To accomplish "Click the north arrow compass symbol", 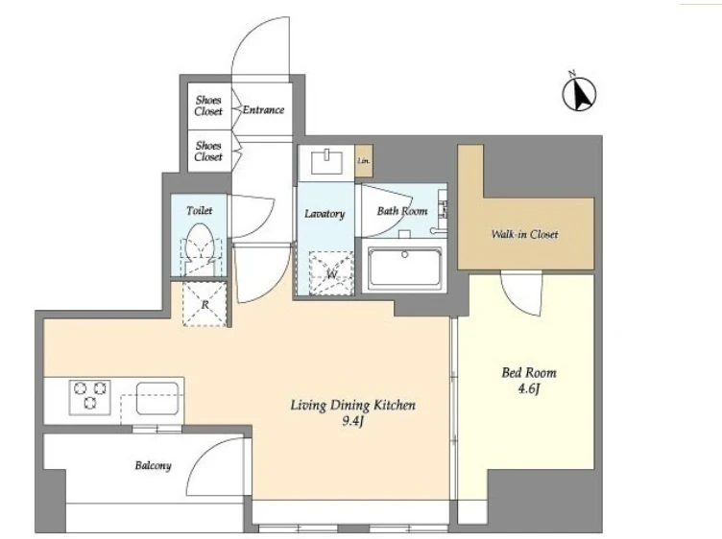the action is tap(579, 93).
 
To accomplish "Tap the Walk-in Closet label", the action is tap(524, 234).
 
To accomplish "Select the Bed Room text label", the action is tap(529, 372).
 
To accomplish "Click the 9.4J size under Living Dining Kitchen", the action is tap(352, 421).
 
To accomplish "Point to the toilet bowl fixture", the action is tap(200, 248).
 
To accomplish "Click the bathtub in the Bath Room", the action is tap(405, 268).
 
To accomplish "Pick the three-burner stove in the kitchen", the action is tap(90, 396).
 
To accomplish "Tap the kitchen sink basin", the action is tap(157, 398).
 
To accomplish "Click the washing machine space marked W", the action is tap(331, 273).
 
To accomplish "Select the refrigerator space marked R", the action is tap(205, 304).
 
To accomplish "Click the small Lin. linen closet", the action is tap(364, 161).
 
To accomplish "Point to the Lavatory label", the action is tap(325, 214).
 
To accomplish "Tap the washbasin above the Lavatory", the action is tap(327, 162).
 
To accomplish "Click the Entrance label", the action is tap(263, 110).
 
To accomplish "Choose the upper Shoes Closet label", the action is tap(208, 105).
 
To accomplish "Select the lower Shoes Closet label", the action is tap(208, 151).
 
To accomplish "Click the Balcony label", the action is tap(153, 465).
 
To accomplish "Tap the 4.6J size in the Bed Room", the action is tap(529, 389).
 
